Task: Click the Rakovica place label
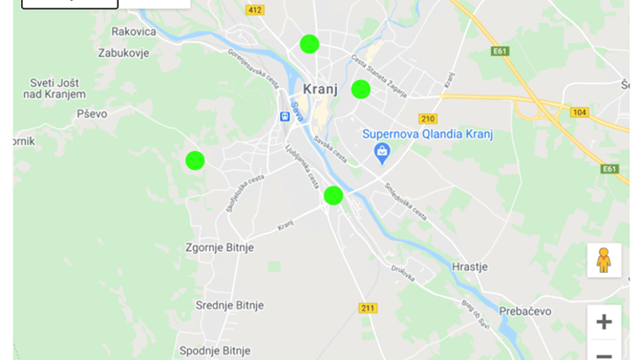[x=134, y=32]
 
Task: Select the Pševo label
[x=92, y=114]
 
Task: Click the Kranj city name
[x=320, y=89]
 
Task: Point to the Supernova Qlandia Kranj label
[x=427, y=134]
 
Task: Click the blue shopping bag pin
[x=380, y=151]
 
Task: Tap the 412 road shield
[x=254, y=11]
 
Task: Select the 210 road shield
[x=427, y=118]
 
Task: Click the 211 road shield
[x=368, y=308]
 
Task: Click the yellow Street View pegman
[x=603, y=260]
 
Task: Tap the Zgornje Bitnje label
[x=220, y=248]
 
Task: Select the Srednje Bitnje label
[x=230, y=305]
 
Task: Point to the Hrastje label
[x=470, y=266]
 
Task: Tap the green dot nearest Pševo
[x=194, y=160]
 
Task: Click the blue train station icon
[x=285, y=116]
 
